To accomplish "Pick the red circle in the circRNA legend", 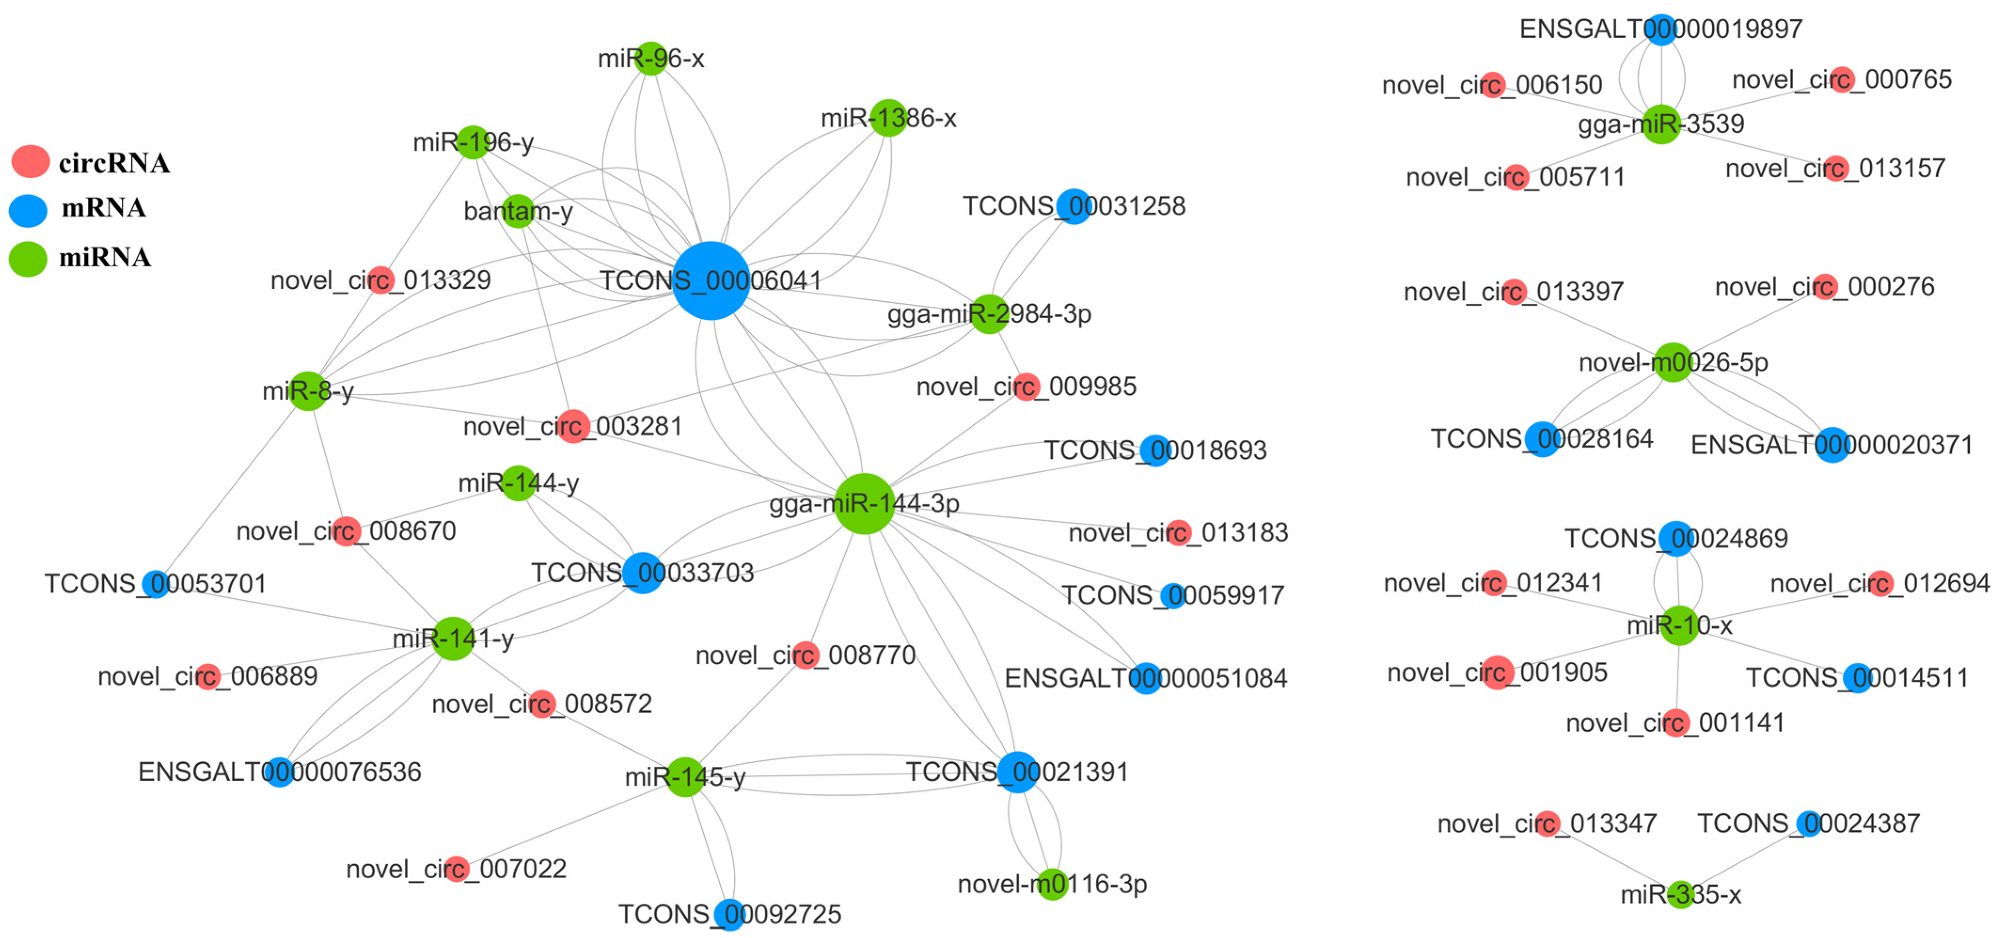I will (30, 161).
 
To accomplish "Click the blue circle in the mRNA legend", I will (29, 210).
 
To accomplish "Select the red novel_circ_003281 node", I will (573, 426).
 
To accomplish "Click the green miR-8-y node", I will (308, 390).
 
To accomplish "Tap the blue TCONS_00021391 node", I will (1018, 772).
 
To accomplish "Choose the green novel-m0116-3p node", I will (1052, 883).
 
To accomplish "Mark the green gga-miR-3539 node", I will (1661, 124).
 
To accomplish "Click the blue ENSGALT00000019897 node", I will (1661, 30).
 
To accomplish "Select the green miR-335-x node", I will (1680, 895).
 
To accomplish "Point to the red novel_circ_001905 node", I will (1498, 672).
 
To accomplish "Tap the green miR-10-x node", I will (1679, 625).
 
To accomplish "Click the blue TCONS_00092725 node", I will (729, 914).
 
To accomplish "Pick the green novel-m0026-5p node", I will (1673, 362).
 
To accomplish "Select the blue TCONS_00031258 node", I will (1074, 207).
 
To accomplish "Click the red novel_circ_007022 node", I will (456, 869).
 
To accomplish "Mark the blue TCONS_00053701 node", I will (156, 584).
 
